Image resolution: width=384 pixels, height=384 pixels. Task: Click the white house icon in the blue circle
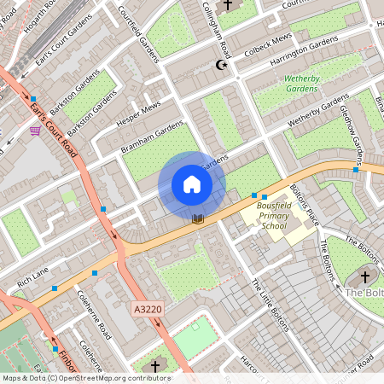click(x=192, y=184)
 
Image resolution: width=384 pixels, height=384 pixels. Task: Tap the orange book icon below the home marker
click(x=198, y=219)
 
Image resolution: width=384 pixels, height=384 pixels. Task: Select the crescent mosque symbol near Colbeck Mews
click(x=222, y=65)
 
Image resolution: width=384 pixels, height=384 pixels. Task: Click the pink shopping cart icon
click(x=35, y=131)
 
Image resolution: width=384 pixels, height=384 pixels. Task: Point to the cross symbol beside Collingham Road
click(x=227, y=5)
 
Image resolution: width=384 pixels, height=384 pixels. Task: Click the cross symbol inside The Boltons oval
click(x=365, y=276)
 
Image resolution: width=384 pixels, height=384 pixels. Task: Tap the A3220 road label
click(x=147, y=308)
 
